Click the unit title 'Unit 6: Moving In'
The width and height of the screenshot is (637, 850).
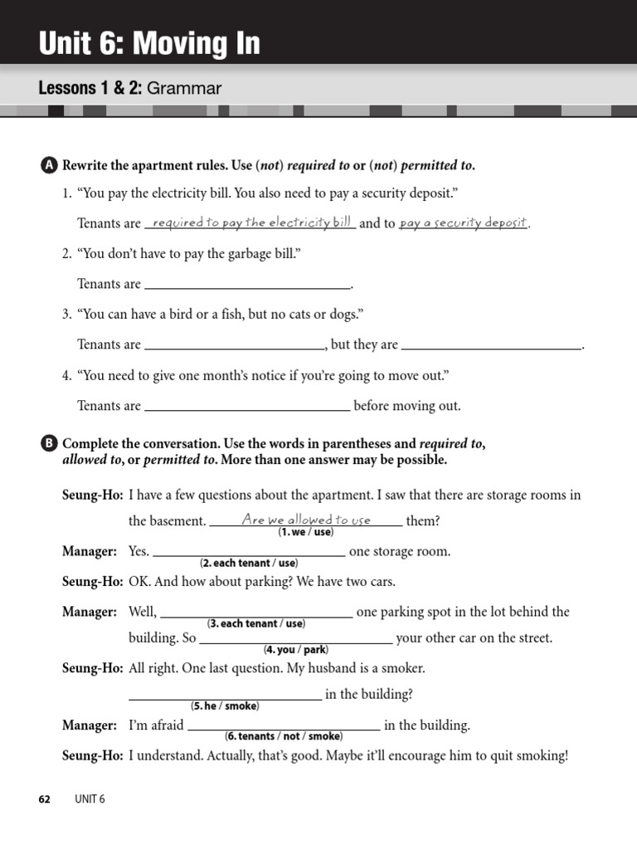(149, 43)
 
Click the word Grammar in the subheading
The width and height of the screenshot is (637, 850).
(185, 88)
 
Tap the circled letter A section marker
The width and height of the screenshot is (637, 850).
(49, 165)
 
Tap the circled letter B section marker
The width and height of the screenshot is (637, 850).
(49, 444)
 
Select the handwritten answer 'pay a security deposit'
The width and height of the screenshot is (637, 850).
(464, 222)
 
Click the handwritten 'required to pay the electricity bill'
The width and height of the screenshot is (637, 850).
(250, 222)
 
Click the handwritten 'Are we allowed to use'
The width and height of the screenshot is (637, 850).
(306, 520)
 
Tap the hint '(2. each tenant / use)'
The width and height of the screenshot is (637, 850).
(249, 563)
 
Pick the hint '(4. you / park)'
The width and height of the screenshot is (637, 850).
(296, 649)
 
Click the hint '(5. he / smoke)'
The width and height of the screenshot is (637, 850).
(226, 706)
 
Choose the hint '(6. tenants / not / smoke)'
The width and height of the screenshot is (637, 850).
(284, 735)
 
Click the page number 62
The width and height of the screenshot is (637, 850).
(45, 799)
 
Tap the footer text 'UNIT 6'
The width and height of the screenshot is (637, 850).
(90, 799)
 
